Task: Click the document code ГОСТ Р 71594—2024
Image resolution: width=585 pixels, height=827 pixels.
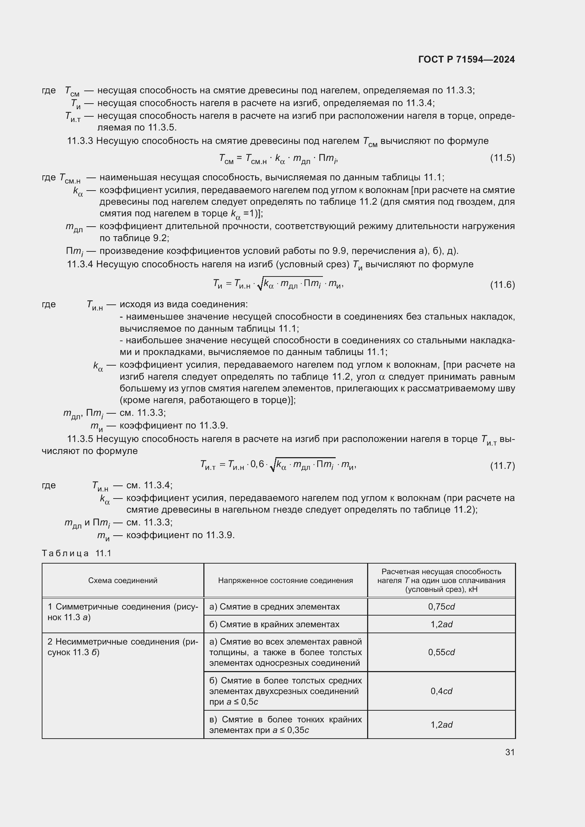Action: tap(466, 59)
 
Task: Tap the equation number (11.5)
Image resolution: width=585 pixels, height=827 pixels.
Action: tap(502, 158)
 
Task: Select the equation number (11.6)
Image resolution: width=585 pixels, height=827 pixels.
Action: tap(502, 285)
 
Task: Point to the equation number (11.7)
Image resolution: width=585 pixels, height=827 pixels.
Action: tap(502, 466)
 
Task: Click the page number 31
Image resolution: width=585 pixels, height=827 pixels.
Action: tap(510, 752)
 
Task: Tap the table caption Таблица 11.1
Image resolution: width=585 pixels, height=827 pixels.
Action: tap(76, 553)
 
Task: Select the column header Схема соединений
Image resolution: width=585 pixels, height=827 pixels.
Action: tap(122, 580)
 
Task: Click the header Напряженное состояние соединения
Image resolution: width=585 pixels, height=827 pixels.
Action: tap(285, 580)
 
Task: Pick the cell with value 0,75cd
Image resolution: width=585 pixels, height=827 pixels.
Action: tap(441, 607)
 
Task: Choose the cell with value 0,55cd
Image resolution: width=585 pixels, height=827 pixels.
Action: tap(441, 652)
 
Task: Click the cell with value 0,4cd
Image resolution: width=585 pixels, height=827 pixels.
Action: tap(441, 691)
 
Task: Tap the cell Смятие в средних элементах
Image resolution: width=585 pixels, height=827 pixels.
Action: tap(274, 607)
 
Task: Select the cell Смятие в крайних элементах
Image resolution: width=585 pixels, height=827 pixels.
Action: tap(274, 624)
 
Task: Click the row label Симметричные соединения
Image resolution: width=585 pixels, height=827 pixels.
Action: tap(122, 612)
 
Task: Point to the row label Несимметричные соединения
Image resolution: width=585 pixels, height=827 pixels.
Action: tap(122, 647)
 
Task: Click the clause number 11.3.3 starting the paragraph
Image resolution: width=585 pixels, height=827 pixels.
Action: tap(80, 141)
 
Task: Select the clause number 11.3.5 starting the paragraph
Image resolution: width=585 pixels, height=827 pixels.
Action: tap(80, 439)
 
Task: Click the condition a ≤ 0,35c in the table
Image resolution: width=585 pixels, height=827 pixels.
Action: tap(291, 730)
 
